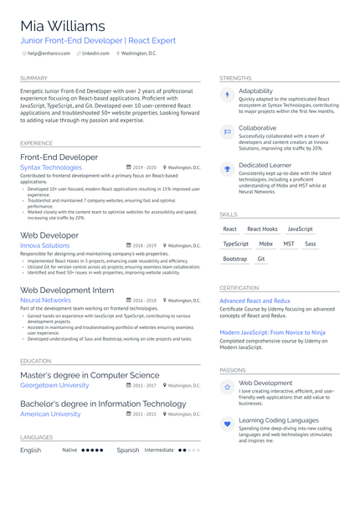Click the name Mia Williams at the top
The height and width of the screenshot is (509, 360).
[x=63, y=26]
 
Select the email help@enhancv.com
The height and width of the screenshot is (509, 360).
[x=49, y=54]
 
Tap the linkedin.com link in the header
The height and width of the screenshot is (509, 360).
[x=95, y=54]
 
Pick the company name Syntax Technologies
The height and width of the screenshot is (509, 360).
[x=51, y=167]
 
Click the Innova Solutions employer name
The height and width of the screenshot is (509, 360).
[x=45, y=246]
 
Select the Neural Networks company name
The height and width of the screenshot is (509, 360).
[x=45, y=300]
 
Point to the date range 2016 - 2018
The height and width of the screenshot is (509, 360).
[x=144, y=301]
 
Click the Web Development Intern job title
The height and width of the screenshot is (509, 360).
[x=67, y=290]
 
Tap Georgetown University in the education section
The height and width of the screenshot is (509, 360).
[x=54, y=385]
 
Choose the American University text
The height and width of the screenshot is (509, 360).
[x=50, y=414]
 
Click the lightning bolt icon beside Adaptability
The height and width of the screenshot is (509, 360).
[x=227, y=95]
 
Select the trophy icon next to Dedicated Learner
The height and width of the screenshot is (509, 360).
[x=227, y=169]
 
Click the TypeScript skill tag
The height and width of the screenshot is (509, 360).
[x=236, y=244]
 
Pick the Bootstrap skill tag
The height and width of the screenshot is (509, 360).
[x=235, y=259]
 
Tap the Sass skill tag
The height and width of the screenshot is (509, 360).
[x=311, y=244]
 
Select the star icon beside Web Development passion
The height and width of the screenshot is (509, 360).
[x=227, y=387]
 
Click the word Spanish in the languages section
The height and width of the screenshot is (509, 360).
[x=128, y=450]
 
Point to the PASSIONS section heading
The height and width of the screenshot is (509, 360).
[x=233, y=369]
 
